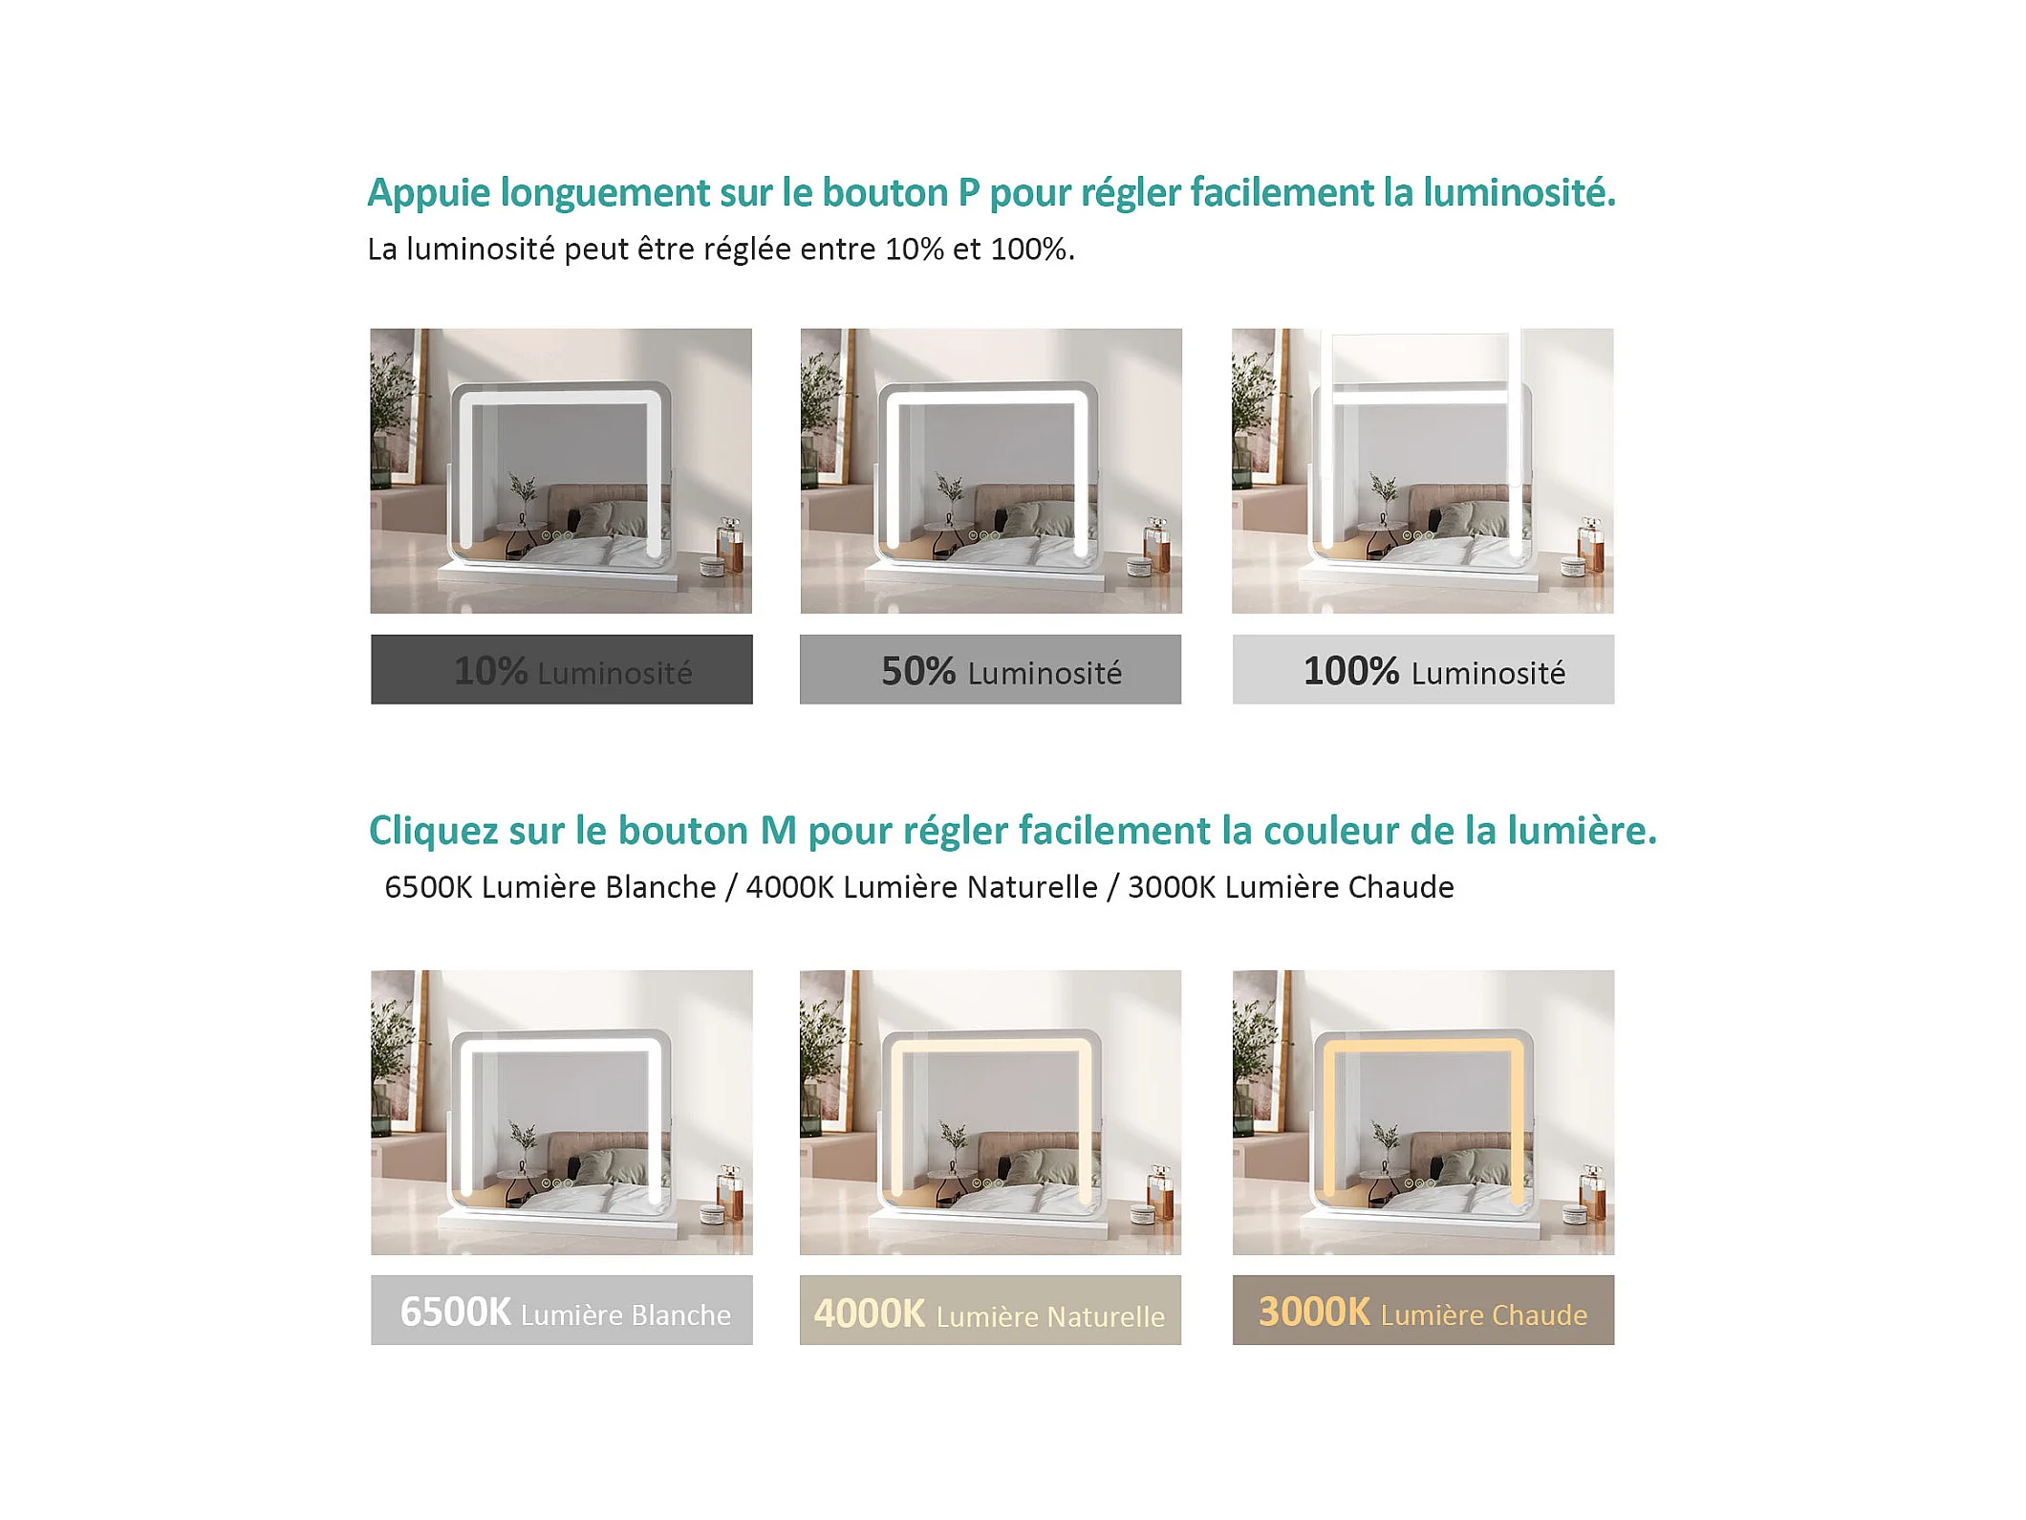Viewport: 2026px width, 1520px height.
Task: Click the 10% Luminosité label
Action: [x=572, y=671]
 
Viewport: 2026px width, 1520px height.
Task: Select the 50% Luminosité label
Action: [x=1002, y=671]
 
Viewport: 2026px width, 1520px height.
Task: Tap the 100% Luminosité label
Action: [x=1434, y=671]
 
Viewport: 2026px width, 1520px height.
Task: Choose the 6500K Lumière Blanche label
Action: [x=565, y=1313]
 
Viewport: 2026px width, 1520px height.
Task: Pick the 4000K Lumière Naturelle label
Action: [x=989, y=1314]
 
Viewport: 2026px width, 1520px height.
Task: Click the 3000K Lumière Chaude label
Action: [x=1422, y=1313]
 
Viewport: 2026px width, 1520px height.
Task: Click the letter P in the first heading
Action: [x=968, y=193]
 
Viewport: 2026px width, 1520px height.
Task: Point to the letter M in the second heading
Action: [x=778, y=831]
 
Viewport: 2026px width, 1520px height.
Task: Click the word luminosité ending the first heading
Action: [x=1519, y=193]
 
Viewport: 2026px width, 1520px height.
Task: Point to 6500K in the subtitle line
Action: [x=428, y=887]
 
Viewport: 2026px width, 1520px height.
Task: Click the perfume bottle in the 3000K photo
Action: [x=1592, y=1191]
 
